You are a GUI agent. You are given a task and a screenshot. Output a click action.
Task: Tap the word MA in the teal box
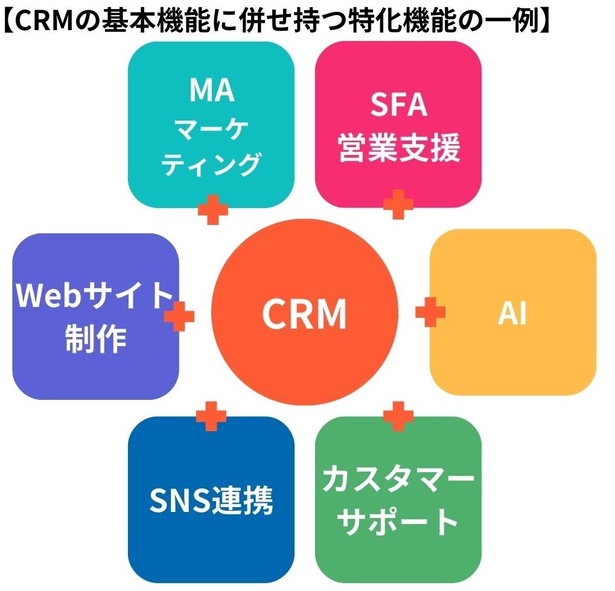[211, 91]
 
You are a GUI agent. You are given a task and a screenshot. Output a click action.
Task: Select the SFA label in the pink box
[398, 106]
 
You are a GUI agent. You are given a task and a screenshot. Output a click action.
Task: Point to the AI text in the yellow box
[512, 314]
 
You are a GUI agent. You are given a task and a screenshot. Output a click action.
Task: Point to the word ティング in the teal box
[211, 163]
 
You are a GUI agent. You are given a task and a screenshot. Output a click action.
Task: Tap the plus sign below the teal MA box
[212, 210]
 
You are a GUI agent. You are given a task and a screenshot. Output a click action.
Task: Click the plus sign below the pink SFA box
[398, 204]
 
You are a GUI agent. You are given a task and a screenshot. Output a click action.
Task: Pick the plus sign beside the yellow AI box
[430, 312]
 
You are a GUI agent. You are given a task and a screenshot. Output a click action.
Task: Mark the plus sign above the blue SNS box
[211, 416]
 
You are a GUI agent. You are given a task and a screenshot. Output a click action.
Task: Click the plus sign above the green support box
[398, 416]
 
